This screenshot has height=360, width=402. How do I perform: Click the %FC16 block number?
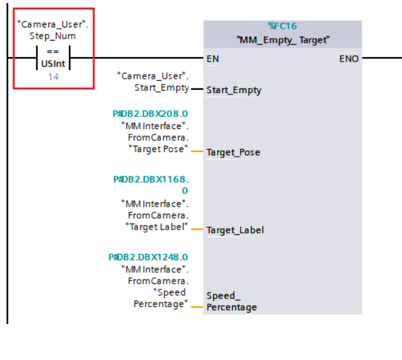282,26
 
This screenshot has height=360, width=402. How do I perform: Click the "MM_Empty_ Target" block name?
283,40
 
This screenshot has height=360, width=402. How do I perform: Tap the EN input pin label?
212,58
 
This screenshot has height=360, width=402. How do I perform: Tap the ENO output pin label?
349,58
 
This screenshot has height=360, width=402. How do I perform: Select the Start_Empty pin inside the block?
233,90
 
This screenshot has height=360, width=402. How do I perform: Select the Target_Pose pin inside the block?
233,152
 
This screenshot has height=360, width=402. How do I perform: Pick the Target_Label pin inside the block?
235,230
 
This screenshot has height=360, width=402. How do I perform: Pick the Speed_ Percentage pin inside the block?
231,301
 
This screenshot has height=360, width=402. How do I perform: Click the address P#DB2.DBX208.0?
150,113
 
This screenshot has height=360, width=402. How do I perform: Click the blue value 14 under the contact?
52,77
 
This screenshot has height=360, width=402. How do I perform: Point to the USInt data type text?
52,64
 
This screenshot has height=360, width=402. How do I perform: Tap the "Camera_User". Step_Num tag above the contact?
52,29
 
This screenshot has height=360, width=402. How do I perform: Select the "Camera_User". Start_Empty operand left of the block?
152,81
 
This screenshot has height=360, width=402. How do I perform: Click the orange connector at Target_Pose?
196,151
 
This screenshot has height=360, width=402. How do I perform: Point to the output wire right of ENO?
380,58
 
